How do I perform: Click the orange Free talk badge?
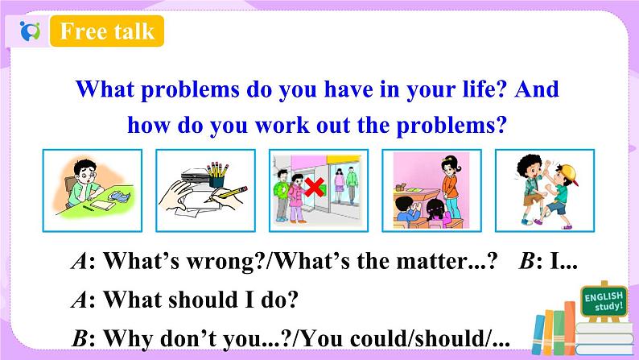[x=107, y=31]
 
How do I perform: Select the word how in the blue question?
[x=148, y=126]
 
